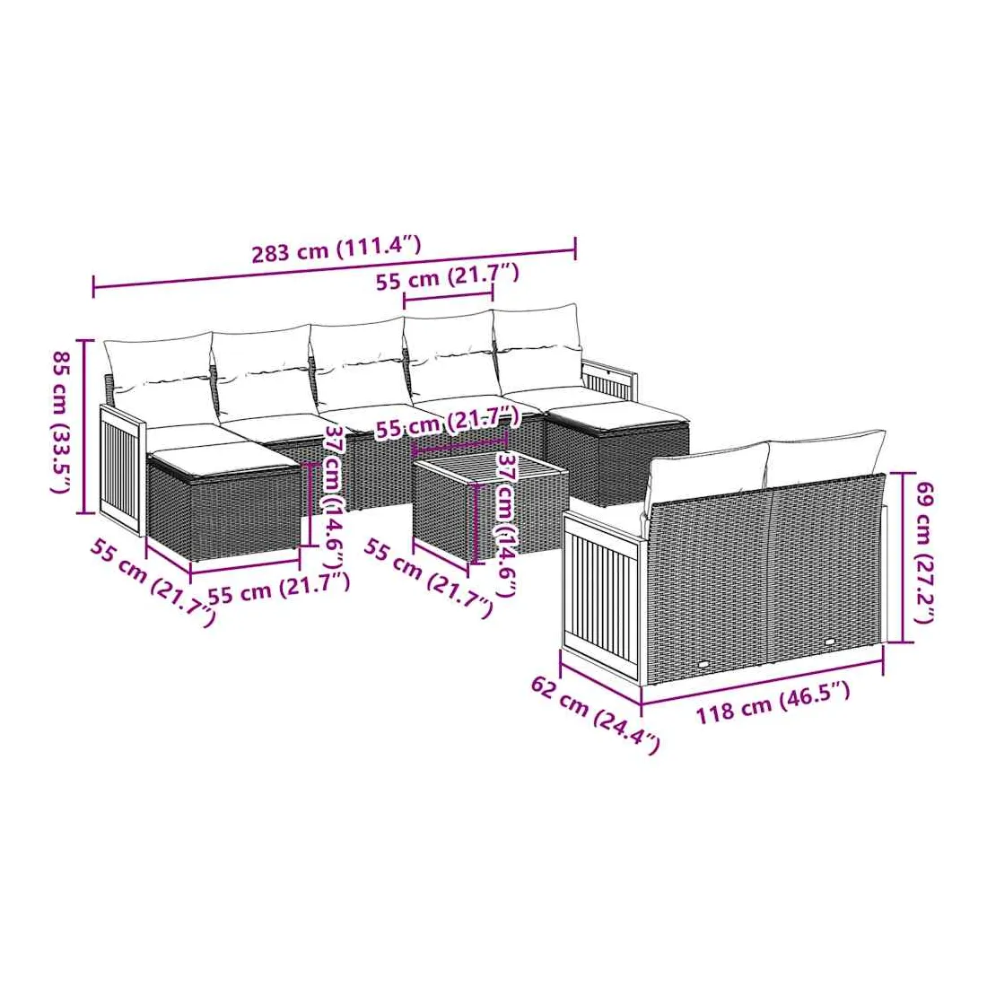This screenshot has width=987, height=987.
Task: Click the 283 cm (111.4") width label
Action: (336, 249)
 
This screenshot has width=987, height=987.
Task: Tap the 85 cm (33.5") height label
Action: (61, 422)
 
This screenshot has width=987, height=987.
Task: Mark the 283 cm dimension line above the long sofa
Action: (335, 268)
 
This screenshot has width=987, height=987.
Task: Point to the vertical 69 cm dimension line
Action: (903, 558)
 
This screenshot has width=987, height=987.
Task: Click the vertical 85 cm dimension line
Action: (85, 427)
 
